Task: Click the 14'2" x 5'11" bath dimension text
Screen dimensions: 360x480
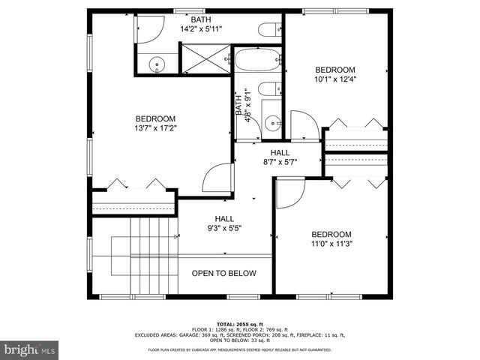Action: click(x=201, y=29)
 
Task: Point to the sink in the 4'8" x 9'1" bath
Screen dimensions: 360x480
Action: click(x=272, y=121)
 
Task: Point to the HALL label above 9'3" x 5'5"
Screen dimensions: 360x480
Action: click(x=224, y=218)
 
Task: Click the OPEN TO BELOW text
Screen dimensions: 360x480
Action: click(x=223, y=274)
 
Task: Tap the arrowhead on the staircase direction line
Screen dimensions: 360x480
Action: click(x=177, y=237)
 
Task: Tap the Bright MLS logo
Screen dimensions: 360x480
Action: click(x=29, y=349)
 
